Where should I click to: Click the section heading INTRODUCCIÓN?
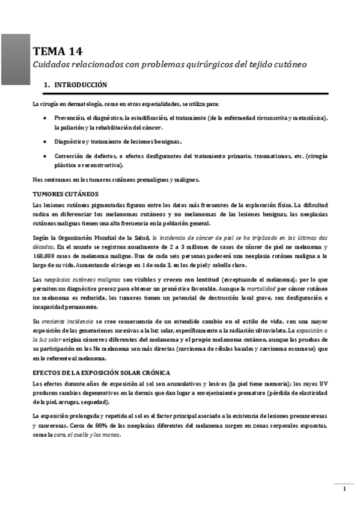(81, 85)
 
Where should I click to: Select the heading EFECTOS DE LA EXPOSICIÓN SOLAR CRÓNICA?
(101, 373)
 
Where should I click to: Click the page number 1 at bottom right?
(344, 488)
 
